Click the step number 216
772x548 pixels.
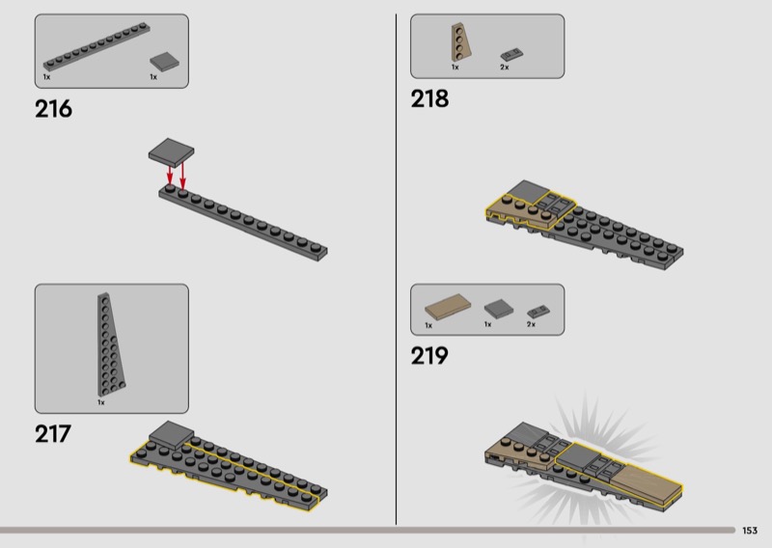coord(53,109)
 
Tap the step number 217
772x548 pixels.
coord(53,434)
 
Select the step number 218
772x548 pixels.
coord(429,98)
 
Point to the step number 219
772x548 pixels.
coord(429,355)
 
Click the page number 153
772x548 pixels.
coord(750,531)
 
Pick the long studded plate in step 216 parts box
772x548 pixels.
coord(96,46)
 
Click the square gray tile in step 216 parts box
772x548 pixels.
coord(164,62)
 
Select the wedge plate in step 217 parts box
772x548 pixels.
coord(111,344)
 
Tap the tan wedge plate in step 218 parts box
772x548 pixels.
coord(461,42)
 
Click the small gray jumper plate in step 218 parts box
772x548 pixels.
coord(512,55)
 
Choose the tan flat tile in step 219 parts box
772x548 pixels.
coord(448,307)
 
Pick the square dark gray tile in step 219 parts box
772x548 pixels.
coord(498,309)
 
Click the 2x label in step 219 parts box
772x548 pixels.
coord(531,324)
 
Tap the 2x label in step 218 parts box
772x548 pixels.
coord(505,67)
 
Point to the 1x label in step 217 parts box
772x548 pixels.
coord(101,402)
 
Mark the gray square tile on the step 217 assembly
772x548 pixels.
coord(172,434)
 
